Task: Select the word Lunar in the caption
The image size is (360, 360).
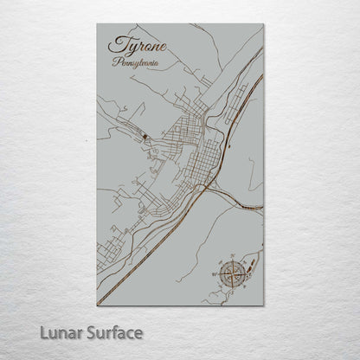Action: [x=60, y=332]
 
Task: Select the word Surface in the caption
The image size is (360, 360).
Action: [x=112, y=332]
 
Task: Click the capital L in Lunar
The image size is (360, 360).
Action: [x=42, y=332]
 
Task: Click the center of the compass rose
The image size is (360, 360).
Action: [x=231, y=276]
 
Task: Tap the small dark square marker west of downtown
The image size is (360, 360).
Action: [x=144, y=136]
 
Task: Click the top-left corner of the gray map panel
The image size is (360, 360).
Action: [x=97, y=24]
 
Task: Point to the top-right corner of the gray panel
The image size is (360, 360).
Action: [x=263, y=24]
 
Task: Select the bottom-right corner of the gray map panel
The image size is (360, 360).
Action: [x=263, y=305]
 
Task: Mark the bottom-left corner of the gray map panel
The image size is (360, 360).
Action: [x=97, y=305]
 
